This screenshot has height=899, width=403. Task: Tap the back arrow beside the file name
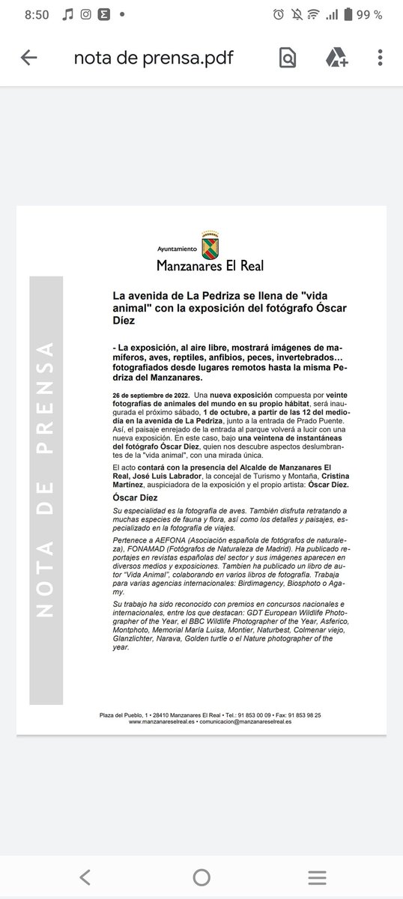[29, 58]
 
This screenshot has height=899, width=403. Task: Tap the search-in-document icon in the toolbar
[287, 58]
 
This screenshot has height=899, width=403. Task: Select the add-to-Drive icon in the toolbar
[335, 58]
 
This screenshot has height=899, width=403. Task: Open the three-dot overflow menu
[381, 58]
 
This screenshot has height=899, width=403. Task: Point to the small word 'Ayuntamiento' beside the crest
[177, 248]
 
